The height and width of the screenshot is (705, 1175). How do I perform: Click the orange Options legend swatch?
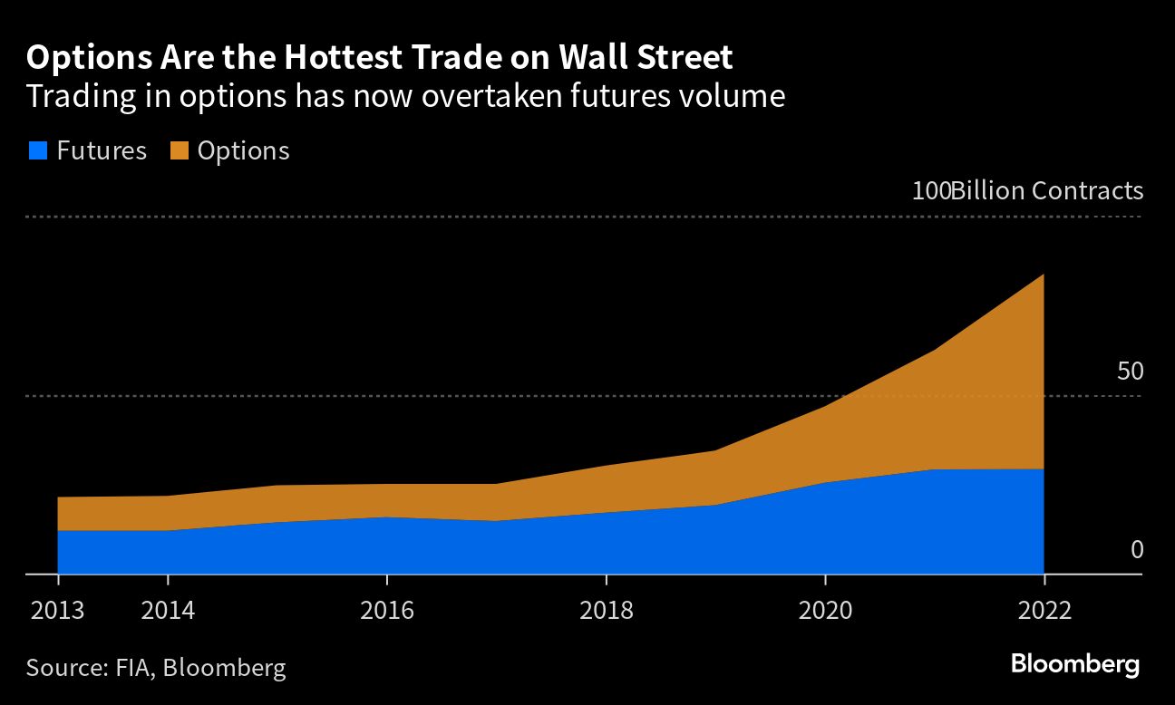pyautogui.click(x=179, y=151)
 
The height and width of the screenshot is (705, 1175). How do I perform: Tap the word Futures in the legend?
pyautogui.click(x=101, y=151)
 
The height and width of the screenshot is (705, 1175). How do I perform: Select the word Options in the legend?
pyautogui.click(x=243, y=151)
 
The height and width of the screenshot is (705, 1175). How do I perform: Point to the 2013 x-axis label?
pyautogui.click(x=57, y=609)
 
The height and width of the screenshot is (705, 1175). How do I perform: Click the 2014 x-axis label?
pyautogui.click(x=168, y=609)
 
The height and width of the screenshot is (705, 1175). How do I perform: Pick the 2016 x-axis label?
pyautogui.click(x=387, y=609)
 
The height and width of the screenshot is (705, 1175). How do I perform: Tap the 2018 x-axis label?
pyautogui.click(x=606, y=609)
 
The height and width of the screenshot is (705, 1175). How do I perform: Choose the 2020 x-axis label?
pyautogui.click(x=825, y=609)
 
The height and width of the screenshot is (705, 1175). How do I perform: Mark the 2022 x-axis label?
pyautogui.click(x=1044, y=609)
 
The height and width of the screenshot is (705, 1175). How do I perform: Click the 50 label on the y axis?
pyautogui.click(x=1130, y=372)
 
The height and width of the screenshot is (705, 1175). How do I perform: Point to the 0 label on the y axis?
pyautogui.click(x=1137, y=550)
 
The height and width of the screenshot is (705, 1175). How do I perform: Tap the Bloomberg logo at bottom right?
pyautogui.click(x=1075, y=664)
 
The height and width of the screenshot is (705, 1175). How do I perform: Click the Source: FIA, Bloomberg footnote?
pyautogui.click(x=156, y=669)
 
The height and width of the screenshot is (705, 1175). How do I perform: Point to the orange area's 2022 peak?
pyautogui.click(x=1043, y=275)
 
